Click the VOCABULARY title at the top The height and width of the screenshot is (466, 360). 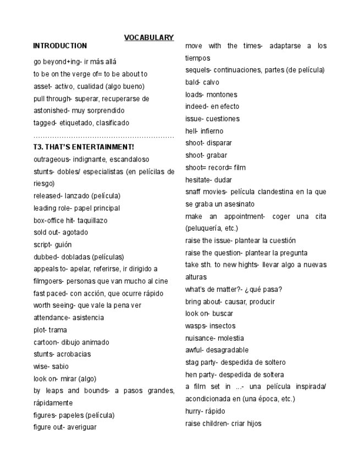[x=148, y=37]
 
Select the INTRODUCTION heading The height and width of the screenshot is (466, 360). [x=60, y=46]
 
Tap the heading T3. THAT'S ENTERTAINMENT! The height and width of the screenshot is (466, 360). [x=84, y=147]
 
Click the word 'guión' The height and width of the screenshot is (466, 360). [x=63, y=245]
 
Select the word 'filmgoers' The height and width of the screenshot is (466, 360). [x=49, y=281]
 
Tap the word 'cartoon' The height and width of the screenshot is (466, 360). [x=47, y=342]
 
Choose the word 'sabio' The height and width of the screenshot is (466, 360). [x=60, y=366]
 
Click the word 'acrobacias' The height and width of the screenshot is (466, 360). [x=74, y=354]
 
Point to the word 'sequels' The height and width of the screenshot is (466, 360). [x=198, y=70]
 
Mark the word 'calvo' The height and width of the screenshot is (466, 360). [x=211, y=82]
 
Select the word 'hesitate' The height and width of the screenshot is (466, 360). [x=199, y=180]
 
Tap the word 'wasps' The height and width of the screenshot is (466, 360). [x=196, y=326]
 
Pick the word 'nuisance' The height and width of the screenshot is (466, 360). [x=200, y=338]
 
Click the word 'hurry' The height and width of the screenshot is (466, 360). [x=194, y=411]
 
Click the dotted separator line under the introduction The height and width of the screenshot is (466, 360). [x=103, y=136]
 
